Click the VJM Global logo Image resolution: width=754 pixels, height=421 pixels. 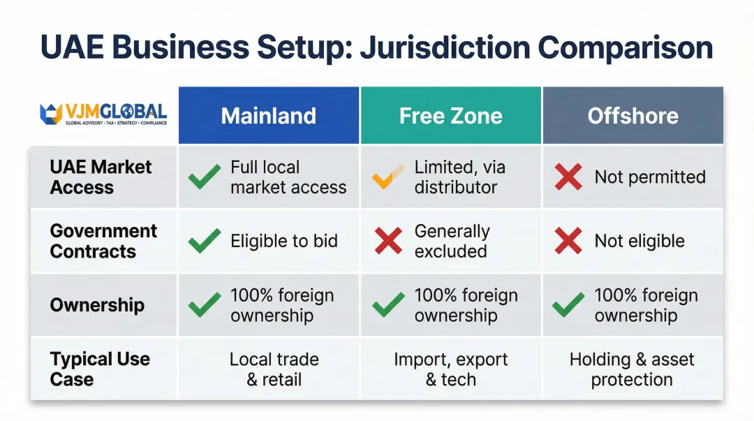click(x=103, y=115)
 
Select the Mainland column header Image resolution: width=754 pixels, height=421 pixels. click(x=269, y=116)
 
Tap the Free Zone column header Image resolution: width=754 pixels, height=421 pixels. click(x=450, y=116)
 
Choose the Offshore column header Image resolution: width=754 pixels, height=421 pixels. click(x=633, y=116)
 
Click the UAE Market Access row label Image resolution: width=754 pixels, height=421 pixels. click(x=101, y=177)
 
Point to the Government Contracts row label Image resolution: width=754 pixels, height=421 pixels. click(x=103, y=241)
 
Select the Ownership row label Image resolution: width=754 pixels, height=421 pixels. click(x=97, y=305)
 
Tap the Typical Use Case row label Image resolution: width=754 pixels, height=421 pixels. click(x=100, y=369)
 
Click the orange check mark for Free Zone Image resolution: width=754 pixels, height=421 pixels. click(x=388, y=177)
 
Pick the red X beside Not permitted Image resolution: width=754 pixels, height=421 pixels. click(x=568, y=177)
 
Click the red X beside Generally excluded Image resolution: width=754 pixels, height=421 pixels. click(x=388, y=242)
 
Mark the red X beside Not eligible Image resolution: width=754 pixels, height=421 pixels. click(x=568, y=242)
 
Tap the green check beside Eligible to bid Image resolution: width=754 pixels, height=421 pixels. click(x=205, y=242)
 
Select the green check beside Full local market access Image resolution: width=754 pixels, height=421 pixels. click(x=205, y=177)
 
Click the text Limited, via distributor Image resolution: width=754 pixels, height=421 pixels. click(x=459, y=177)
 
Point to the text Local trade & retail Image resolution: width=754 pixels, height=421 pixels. click(x=274, y=369)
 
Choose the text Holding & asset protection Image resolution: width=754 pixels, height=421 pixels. click(x=632, y=369)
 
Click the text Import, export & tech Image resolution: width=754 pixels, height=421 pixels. click(x=451, y=369)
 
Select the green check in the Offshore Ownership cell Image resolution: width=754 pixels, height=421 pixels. click(x=568, y=305)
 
